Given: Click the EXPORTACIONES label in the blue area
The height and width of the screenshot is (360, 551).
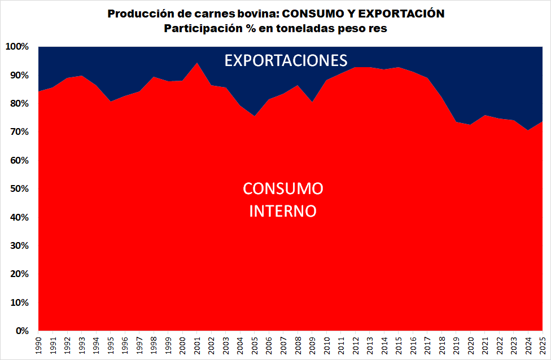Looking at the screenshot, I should [x=286, y=60].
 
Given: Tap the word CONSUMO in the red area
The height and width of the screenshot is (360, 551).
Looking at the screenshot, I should [x=283, y=188].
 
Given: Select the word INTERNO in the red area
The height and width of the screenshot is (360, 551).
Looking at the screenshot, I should [x=283, y=211].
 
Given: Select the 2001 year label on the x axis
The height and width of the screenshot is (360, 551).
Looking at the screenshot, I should [x=197, y=345].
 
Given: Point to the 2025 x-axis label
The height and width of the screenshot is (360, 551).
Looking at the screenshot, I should [x=543, y=345].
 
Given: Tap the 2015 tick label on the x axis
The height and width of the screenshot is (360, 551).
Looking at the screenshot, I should [x=399, y=345].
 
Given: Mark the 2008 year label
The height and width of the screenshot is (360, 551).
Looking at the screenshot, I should [x=298, y=345].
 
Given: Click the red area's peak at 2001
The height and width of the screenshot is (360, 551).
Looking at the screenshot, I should [x=197, y=63].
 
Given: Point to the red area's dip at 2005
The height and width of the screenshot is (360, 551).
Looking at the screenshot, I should [x=255, y=116].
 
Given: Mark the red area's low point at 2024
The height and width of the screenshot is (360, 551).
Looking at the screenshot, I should [x=528, y=130].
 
